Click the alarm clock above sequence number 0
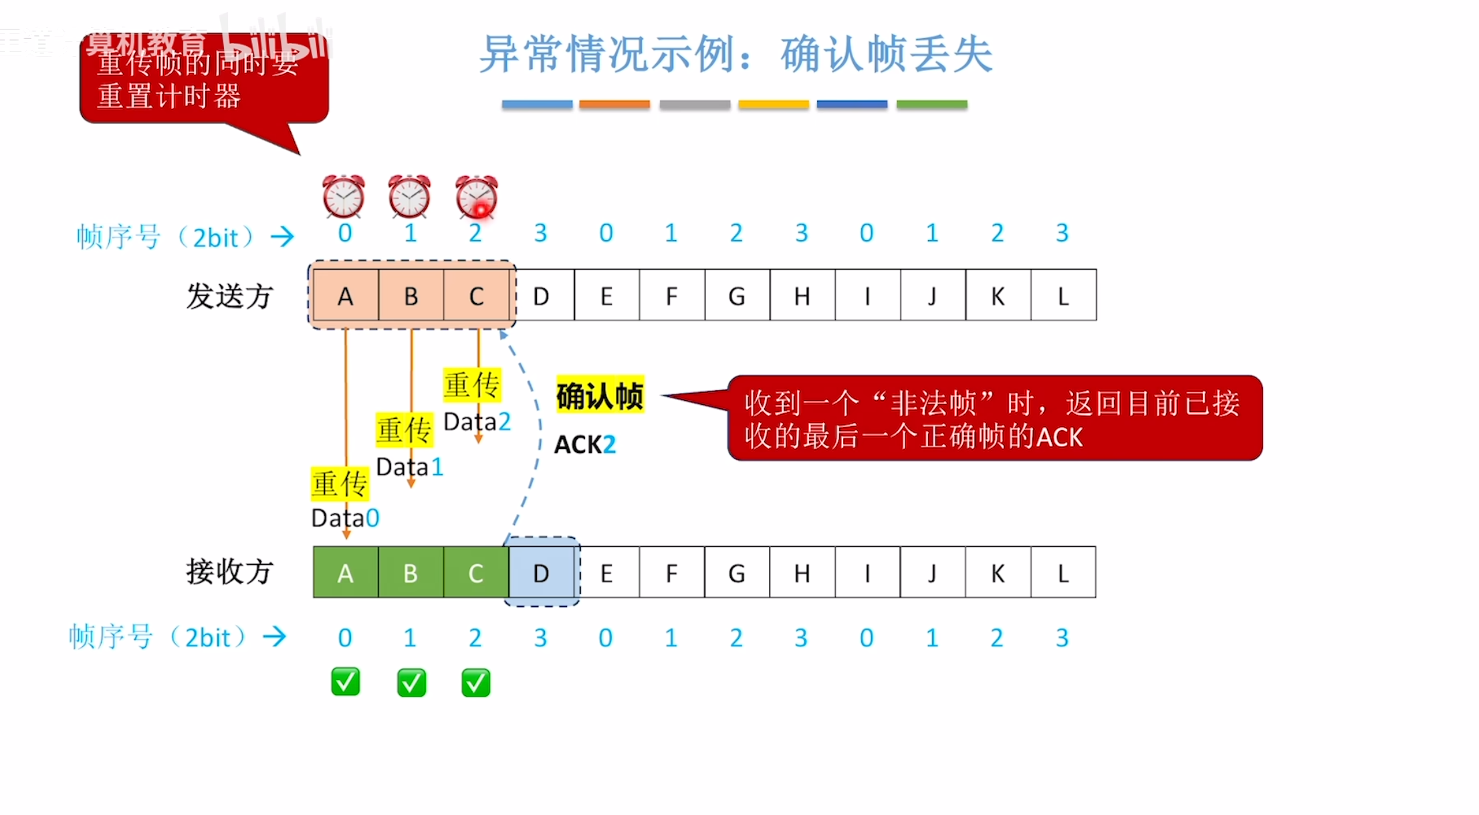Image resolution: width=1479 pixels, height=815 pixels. tap(343, 197)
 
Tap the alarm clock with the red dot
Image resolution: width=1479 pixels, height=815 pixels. tap(476, 197)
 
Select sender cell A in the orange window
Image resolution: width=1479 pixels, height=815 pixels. tap(345, 296)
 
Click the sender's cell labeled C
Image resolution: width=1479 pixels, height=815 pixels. tap(476, 296)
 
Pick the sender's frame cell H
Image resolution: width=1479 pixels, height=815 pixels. tap(802, 296)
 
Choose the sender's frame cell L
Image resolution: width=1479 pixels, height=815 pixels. tap(1063, 296)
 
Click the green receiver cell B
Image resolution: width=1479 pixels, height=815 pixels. tap(411, 573)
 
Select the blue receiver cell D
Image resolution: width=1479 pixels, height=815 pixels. tap(542, 573)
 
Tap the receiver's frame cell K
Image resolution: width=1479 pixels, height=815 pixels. tap(998, 573)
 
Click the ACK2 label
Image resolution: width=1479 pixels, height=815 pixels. tap(585, 444)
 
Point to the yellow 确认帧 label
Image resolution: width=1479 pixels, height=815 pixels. tap(600, 395)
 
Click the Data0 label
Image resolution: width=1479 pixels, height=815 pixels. tap(345, 518)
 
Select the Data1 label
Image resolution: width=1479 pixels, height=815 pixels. tap(410, 467)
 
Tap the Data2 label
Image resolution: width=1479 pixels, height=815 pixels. tap(477, 422)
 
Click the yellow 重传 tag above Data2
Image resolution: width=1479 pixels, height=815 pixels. tap(471, 385)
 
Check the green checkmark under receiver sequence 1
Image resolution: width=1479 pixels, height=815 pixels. tap(411, 683)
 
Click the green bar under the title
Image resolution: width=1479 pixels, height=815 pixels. tap(931, 104)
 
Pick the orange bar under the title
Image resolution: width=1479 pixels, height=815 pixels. tap(614, 104)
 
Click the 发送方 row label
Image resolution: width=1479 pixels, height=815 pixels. tap(229, 296)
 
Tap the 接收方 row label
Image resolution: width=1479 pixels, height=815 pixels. tap(229, 572)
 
